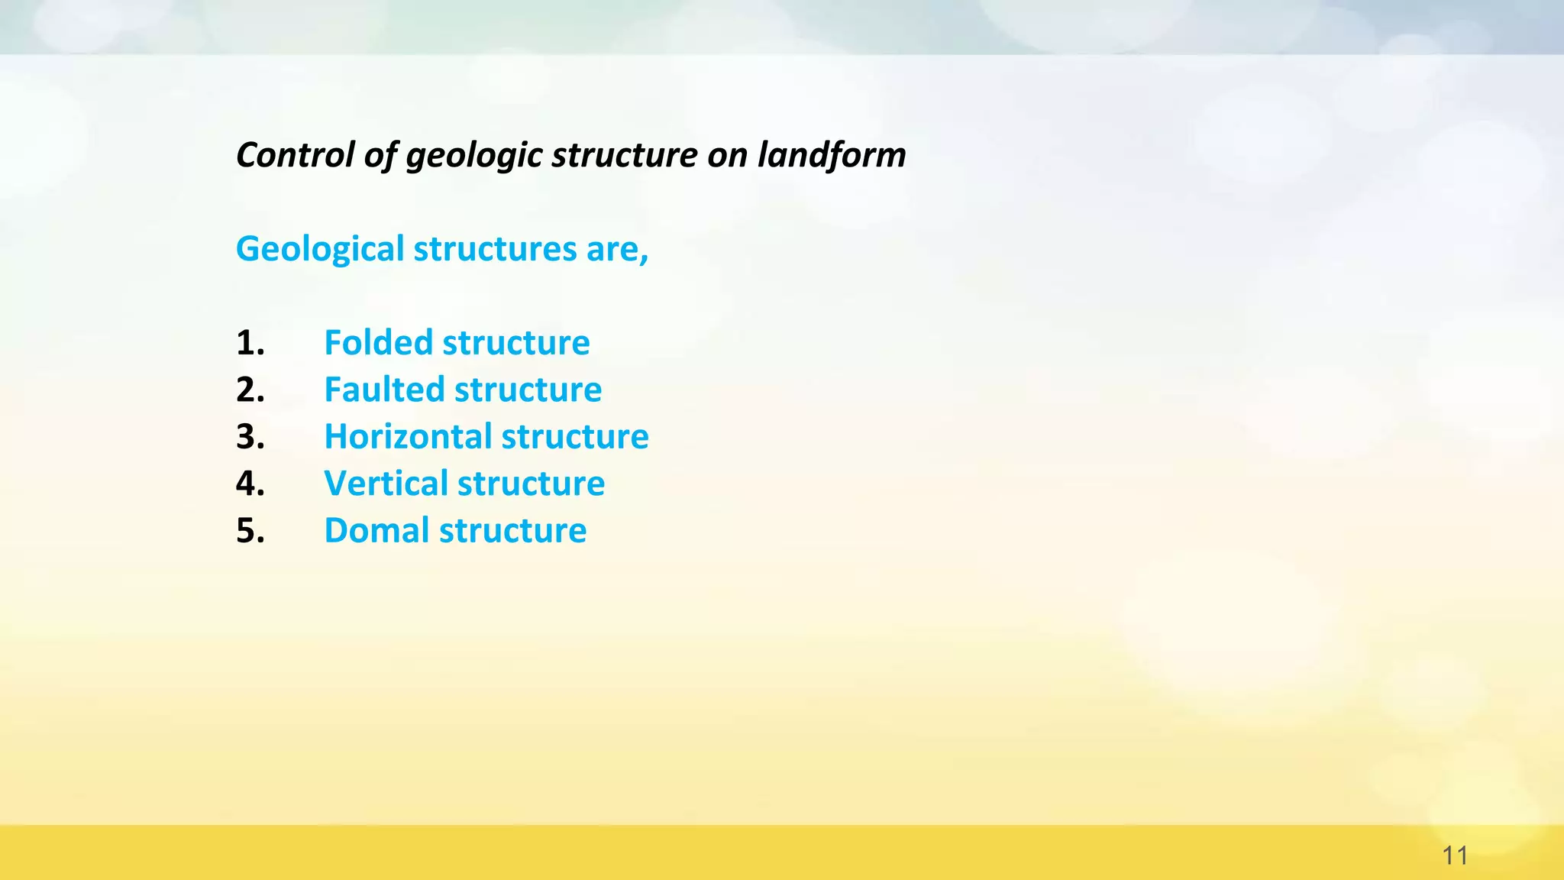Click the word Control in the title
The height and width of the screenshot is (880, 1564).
pos(296,155)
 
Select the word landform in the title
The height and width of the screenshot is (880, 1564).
pos(832,155)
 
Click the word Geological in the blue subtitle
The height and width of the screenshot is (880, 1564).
pos(320,250)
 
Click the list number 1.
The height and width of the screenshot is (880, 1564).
pos(250,343)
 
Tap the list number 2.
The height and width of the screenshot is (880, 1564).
pos(250,390)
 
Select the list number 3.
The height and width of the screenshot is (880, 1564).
pos(250,437)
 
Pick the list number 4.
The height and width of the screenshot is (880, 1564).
pos(250,484)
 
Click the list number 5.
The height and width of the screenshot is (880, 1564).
pos(250,531)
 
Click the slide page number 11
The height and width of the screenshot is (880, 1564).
pos(1455,856)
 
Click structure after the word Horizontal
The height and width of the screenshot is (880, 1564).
pos(575,437)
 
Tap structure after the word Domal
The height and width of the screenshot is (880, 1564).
pos(513,531)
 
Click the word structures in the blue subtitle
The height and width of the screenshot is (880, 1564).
pos(495,250)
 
